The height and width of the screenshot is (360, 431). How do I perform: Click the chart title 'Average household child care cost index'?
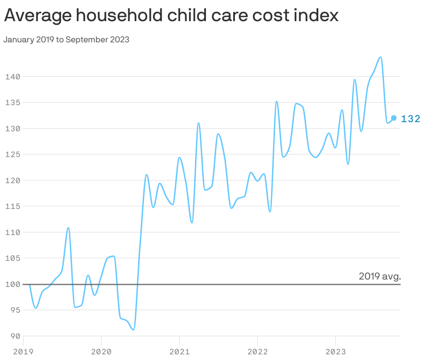pos(171,16)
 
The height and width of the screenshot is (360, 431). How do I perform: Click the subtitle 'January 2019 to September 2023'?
pos(66,40)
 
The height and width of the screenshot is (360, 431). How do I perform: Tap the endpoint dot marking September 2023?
pos(394,118)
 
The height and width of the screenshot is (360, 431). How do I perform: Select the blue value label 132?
pos(411,119)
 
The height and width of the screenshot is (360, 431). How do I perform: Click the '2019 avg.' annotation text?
pos(380,276)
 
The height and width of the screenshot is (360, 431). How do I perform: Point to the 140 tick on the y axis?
pos(13,77)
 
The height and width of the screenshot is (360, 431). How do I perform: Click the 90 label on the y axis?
pos(15,336)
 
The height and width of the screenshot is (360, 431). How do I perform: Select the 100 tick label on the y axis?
pos(13,284)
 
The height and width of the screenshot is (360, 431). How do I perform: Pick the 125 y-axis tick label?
pos(13,155)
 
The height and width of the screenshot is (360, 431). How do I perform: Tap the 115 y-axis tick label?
pos(13,206)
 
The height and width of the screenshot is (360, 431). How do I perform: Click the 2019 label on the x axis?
pos(23,352)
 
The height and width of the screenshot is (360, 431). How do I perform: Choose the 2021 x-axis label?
pos(179,352)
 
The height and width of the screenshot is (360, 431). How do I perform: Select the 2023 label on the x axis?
pos(336,352)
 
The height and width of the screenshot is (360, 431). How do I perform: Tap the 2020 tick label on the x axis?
pos(101,352)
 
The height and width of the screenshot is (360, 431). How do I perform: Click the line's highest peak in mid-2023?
pos(380,57)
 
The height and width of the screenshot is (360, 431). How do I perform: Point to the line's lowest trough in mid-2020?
pos(133,330)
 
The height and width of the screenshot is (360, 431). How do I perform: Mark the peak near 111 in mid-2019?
pos(68,228)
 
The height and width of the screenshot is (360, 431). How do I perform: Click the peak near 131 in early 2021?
pos(199,123)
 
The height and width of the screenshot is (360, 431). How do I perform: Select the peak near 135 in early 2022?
pos(277,101)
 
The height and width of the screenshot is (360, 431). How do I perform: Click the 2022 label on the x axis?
pos(258,352)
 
